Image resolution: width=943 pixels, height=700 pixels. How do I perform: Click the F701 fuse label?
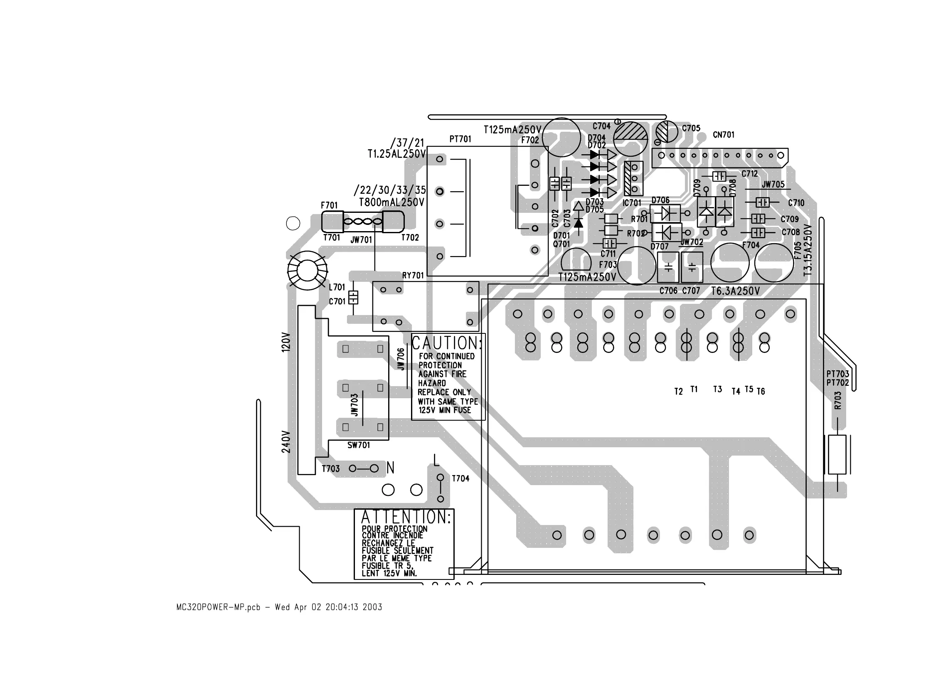(329, 205)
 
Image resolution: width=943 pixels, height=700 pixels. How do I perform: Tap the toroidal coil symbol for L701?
(308, 270)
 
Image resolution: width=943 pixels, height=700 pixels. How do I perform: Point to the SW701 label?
(358, 445)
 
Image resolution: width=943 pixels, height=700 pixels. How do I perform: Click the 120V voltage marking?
(286, 342)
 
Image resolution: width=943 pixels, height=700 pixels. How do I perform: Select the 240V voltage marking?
(286, 441)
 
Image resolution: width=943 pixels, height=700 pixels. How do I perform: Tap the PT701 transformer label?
(460, 139)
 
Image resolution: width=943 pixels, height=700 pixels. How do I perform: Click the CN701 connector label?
(724, 135)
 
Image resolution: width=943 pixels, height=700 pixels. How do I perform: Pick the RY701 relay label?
(413, 276)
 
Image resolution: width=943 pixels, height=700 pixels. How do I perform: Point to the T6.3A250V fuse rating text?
(736, 291)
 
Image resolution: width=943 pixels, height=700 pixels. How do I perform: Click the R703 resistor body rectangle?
(837, 454)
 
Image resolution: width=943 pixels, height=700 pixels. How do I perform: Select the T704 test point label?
(460, 478)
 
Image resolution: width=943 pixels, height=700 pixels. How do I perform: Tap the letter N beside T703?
(390, 468)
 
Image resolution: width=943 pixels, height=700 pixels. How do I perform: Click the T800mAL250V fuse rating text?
(391, 202)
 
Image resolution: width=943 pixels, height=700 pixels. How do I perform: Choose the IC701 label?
(632, 203)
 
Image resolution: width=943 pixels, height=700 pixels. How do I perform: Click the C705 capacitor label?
(691, 128)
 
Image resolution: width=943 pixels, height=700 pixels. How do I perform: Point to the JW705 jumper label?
(773, 184)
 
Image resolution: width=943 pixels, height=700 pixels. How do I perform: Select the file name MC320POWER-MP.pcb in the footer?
(218, 607)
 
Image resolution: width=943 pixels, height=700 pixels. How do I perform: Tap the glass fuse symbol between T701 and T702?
(363, 222)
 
